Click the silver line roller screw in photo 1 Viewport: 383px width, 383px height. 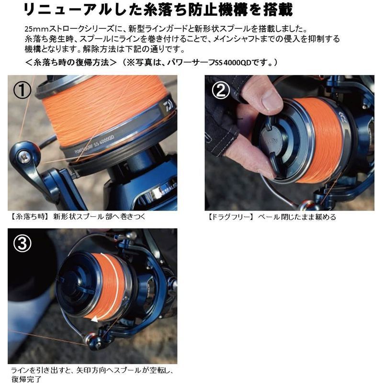tap(23, 155)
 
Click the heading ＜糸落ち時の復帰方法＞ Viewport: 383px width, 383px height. tap(70, 62)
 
